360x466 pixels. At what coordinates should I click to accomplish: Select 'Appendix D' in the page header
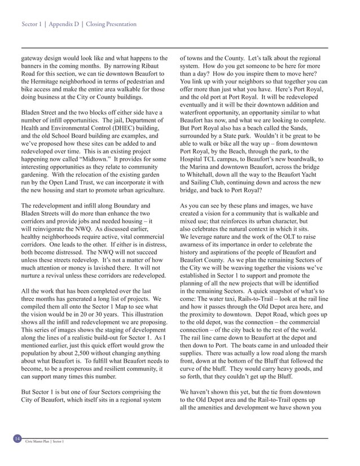pyautogui.click(x=64, y=24)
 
